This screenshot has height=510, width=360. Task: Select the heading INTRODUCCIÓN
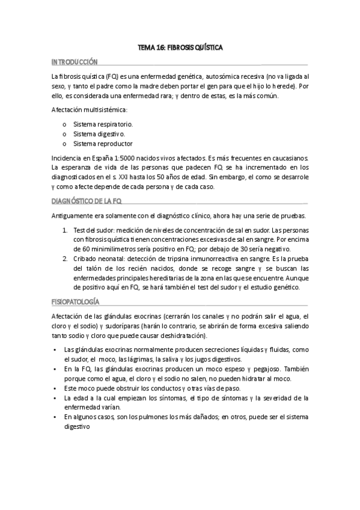click(x=75, y=62)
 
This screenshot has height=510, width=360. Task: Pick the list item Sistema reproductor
click(x=103, y=144)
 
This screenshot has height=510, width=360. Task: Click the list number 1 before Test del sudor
click(x=66, y=230)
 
